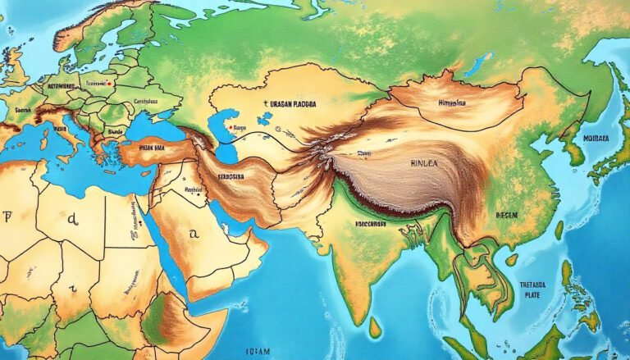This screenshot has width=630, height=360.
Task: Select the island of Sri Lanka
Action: pos(375,326)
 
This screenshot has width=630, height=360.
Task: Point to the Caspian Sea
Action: pos(220,131)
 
